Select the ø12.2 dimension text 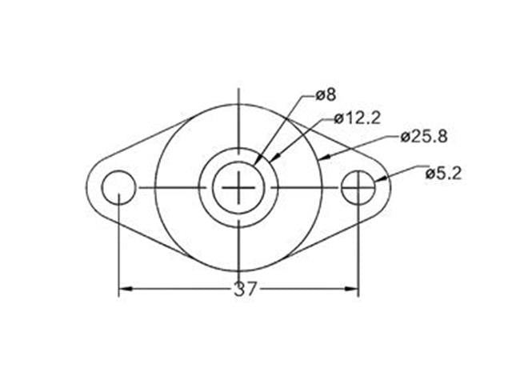[356, 118]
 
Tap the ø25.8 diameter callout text [423, 136]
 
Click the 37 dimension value [246, 290]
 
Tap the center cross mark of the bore [238, 188]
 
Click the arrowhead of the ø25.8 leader [322, 158]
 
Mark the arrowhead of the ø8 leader [257, 162]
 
